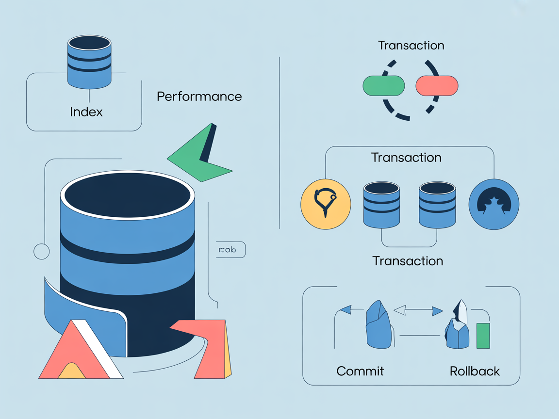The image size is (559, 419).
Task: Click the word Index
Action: pyautogui.click(x=86, y=112)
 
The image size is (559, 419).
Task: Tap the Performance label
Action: pyautogui.click(x=199, y=97)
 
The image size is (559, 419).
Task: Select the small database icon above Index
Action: pyautogui.click(x=89, y=62)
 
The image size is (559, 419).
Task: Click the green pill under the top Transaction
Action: pyautogui.click(x=383, y=86)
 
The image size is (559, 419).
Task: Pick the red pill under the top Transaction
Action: pyautogui.click(x=437, y=86)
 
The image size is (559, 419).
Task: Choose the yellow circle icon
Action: pyautogui.click(x=326, y=204)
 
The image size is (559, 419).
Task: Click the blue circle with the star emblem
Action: pyautogui.click(x=493, y=204)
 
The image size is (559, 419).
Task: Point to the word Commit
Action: pyautogui.click(x=360, y=371)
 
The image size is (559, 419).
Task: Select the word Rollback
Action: pyautogui.click(x=475, y=371)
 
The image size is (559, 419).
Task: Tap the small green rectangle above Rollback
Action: pyautogui.click(x=483, y=336)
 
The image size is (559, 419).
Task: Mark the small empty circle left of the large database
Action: pyautogui.click(x=41, y=251)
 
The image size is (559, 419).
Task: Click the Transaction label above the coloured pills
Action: pyautogui.click(x=411, y=46)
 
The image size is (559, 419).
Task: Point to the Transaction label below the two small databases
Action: pyautogui.click(x=408, y=261)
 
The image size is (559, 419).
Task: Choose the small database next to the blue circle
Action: pyautogui.click(x=437, y=205)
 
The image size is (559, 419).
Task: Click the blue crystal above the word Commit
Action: pyautogui.click(x=379, y=324)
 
